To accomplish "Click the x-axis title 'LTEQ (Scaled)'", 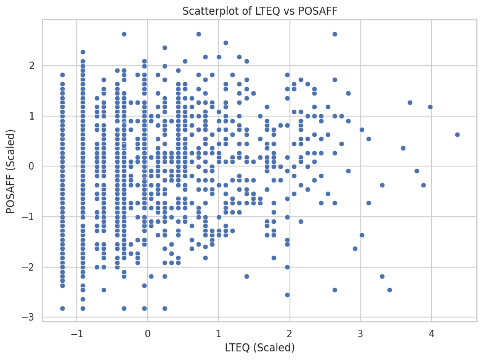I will pos(259,347).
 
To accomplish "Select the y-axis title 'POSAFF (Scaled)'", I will pos(10,170).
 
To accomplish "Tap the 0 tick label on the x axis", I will pos(147,333).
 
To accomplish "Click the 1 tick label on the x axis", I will pos(219,333).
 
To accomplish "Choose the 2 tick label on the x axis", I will pos(290,333).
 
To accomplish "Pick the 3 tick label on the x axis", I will pos(360,333).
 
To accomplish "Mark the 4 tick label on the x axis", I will pos(431,333).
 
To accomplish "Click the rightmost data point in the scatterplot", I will pos(457,134).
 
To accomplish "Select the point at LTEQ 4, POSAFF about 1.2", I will pos(430,107).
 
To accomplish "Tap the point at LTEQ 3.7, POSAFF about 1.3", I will pos(410,102).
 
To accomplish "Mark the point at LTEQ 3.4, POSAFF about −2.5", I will pos(389,290).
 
